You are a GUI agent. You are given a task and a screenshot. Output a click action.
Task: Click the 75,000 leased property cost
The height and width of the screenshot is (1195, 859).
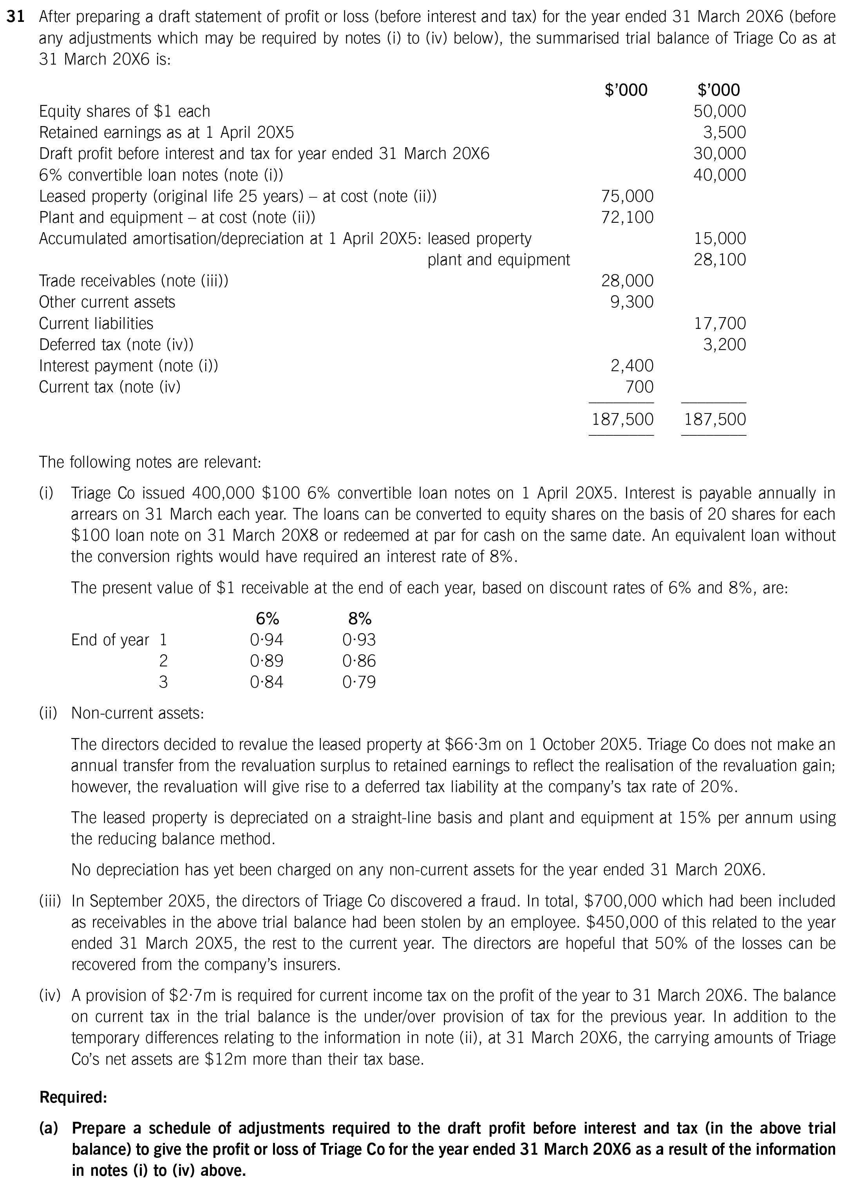tap(627, 196)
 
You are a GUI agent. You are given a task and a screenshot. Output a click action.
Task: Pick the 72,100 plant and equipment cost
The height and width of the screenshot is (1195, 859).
tap(627, 217)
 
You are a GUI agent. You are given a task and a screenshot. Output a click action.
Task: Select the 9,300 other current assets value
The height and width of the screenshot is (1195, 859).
tap(631, 302)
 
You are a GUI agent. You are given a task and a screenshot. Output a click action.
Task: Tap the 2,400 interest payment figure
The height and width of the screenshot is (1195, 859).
tap(631, 366)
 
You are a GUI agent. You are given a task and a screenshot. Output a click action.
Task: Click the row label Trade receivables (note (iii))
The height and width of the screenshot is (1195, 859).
tap(134, 281)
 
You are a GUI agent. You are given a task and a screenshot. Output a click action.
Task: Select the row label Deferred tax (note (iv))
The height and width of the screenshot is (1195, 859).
tap(116, 345)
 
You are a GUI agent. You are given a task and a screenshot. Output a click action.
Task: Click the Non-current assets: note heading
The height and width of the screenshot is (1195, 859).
tap(137, 713)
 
